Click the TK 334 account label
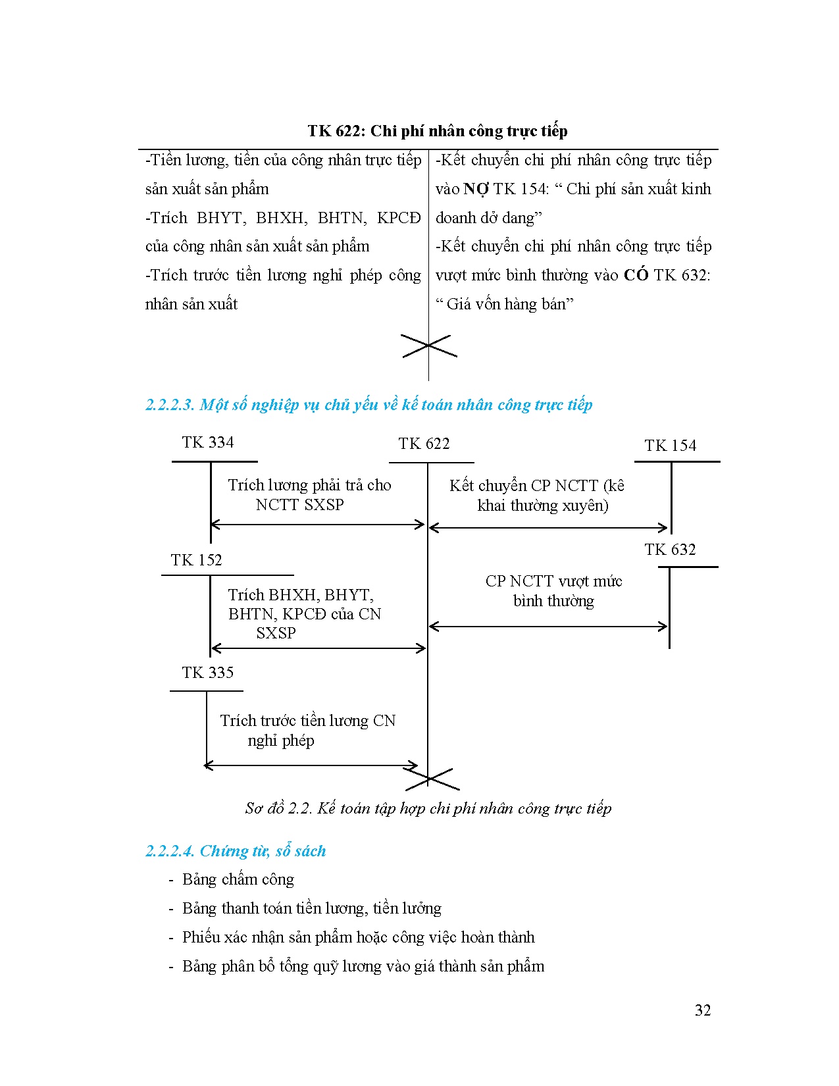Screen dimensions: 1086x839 coord(208,442)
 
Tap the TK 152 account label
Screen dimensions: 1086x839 coord(196,560)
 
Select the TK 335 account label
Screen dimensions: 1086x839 coord(208,673)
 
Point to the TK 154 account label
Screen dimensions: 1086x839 coord(670,446)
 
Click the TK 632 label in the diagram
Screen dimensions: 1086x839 coord(670,550)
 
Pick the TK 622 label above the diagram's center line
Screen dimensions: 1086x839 coord(424,444)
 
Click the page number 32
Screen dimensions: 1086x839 coord(702,1010)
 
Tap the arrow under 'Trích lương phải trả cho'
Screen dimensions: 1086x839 coord(318,525)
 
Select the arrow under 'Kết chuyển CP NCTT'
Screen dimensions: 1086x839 coord(549,528)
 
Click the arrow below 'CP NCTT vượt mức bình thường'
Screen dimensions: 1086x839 coord(549,627)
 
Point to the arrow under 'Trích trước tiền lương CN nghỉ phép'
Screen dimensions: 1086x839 coord(311,765)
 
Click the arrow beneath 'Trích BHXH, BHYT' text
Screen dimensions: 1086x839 coord(318,649)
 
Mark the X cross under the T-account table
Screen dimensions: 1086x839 coord(428,346)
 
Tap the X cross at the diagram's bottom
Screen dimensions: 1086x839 coord(431,779)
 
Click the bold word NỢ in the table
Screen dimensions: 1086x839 coord(476,189)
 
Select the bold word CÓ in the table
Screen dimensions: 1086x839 coord(636,275)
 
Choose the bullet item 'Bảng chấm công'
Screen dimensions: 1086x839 coord(238,880)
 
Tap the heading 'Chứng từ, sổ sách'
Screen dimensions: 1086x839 coord(263,851)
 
